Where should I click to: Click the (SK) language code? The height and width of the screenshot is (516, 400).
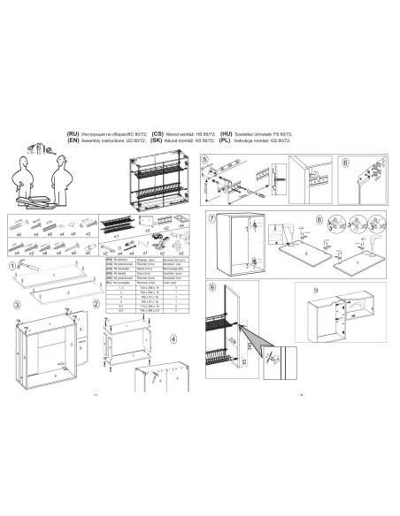158,139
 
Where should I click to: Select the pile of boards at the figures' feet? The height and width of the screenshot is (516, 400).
40,201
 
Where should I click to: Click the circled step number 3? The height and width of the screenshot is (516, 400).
16,305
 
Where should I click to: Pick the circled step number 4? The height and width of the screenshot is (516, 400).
173,338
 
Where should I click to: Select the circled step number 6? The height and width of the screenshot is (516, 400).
345,162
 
